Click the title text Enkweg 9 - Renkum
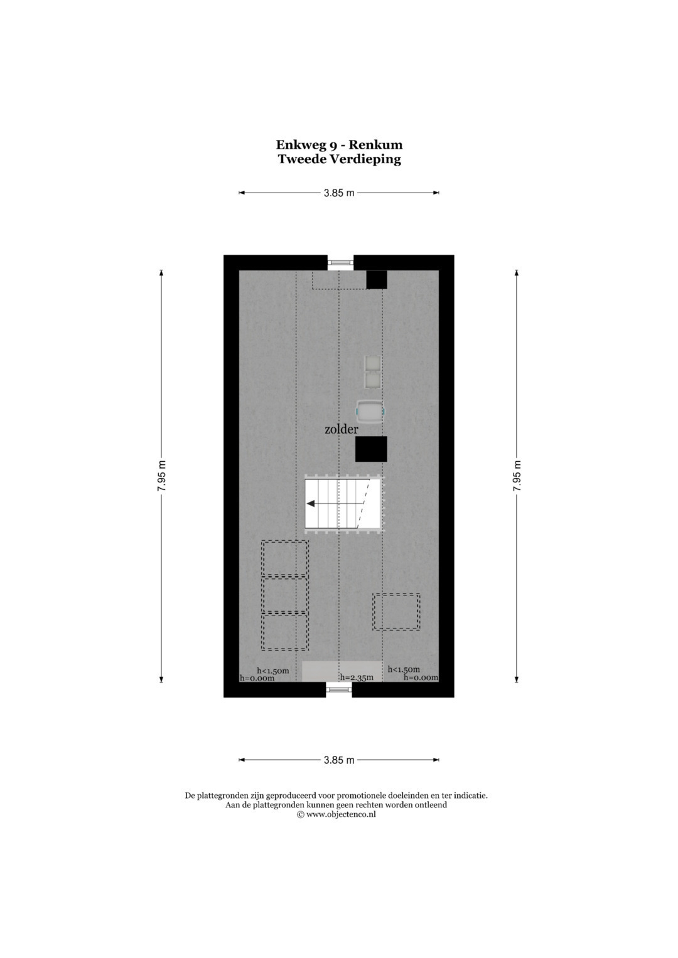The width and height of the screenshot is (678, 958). click(339, 145)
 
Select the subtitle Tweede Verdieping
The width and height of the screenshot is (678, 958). click(339, 159)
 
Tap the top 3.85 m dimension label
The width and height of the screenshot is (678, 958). click(339, 193)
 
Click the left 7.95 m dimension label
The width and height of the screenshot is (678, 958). click(161, 476)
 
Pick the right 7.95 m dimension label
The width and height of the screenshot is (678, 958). click(517, 476)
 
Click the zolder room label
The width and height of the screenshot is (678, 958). click(341, 429)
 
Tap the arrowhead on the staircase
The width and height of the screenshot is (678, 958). click(311, 503)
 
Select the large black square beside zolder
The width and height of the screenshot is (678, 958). click(371, 449)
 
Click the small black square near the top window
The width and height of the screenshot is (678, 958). click(377, 280)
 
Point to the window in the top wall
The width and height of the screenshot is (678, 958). click(341, 262)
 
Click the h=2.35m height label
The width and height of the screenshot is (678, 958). click(357, 677)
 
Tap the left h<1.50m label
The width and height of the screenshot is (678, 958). click(272, 670)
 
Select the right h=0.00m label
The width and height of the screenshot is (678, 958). click(421, 677)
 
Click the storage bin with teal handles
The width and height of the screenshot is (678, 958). click(370, 412)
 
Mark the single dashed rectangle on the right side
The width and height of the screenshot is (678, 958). click(396, 612)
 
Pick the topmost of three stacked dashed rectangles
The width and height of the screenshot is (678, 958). click(284, 558)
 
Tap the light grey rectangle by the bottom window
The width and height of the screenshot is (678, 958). click(342, 671)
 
